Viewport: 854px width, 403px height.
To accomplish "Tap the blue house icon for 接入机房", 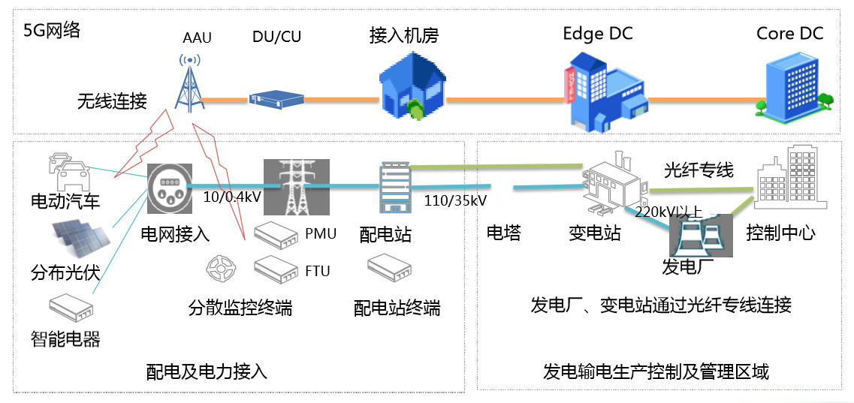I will pyautogui.click(x=411, y=86).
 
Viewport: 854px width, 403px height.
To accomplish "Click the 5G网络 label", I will pyautogui.click(x=52, y=31).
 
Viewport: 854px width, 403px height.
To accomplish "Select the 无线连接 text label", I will pyautogui.click(x=112, y=101).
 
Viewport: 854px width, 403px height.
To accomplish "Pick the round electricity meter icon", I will pyautogui.click(x=169, y=186).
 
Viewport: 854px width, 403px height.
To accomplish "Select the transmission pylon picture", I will pyautogui.click(x=296, y=187).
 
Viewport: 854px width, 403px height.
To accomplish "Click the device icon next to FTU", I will pyautogui.click(x=276, y=269).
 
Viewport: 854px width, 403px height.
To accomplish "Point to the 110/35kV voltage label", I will pyautogui.click(x=454, y=200).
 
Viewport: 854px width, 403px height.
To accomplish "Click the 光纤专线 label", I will pyautogui.click(x=698, y=170).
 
